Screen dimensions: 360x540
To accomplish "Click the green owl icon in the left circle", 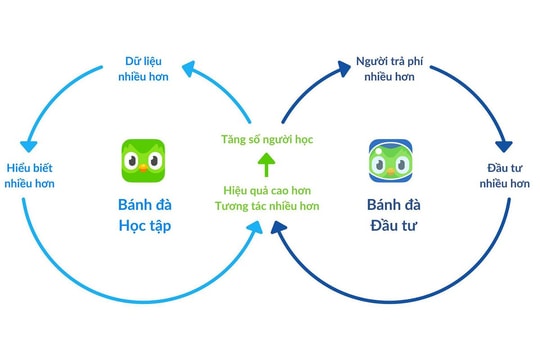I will click(144, 160).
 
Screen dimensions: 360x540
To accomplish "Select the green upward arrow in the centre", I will click(266, 163).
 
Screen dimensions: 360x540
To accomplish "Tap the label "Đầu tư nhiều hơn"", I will click(503, 175).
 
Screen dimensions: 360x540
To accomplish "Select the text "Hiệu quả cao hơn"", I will click(266, 190).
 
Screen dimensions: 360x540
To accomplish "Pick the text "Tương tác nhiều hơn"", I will click(266, 207).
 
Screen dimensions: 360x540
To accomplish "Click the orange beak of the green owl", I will click(144, 168).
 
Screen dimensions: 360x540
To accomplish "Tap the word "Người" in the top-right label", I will click(373, 62).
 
